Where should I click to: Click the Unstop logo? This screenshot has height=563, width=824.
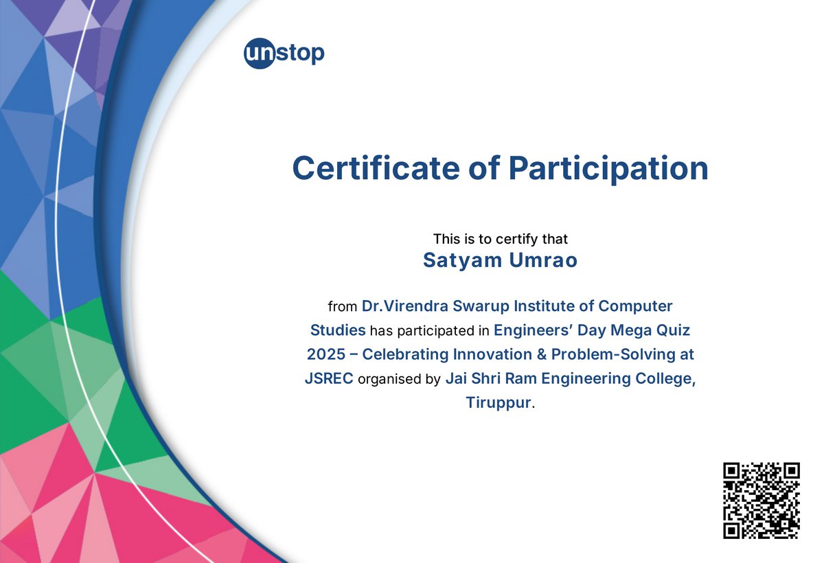(284, 54)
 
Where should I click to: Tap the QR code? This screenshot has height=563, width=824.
(762, 500)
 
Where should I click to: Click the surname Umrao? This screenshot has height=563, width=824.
(542, 261)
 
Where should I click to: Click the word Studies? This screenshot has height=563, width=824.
(338, 330)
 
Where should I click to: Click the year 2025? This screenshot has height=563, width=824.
(330, 354)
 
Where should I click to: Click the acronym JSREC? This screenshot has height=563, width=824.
(329, 378)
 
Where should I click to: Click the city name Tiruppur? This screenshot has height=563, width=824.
(498, 402)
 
